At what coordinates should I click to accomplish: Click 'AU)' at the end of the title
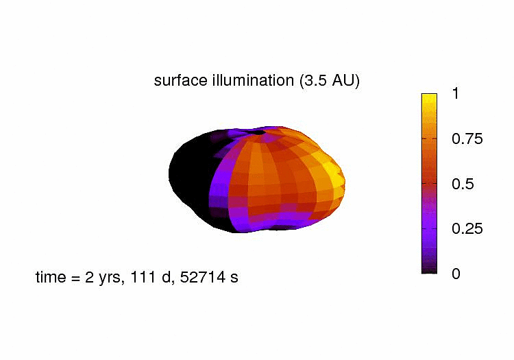click(347, 80)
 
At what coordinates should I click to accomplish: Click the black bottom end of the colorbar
click(429, 269)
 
